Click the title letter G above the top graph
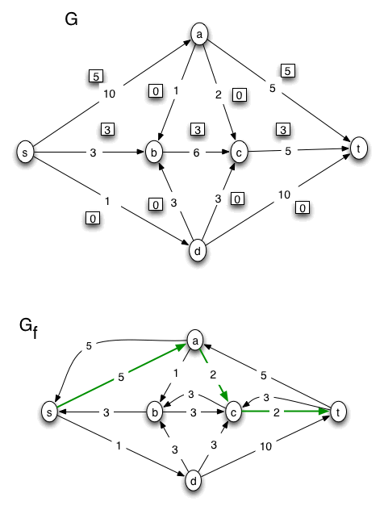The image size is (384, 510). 71,19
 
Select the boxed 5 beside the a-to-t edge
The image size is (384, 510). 288,70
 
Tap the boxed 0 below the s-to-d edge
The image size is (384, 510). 93,217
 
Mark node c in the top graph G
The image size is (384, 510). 238,151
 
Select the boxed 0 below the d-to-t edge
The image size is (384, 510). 303,208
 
